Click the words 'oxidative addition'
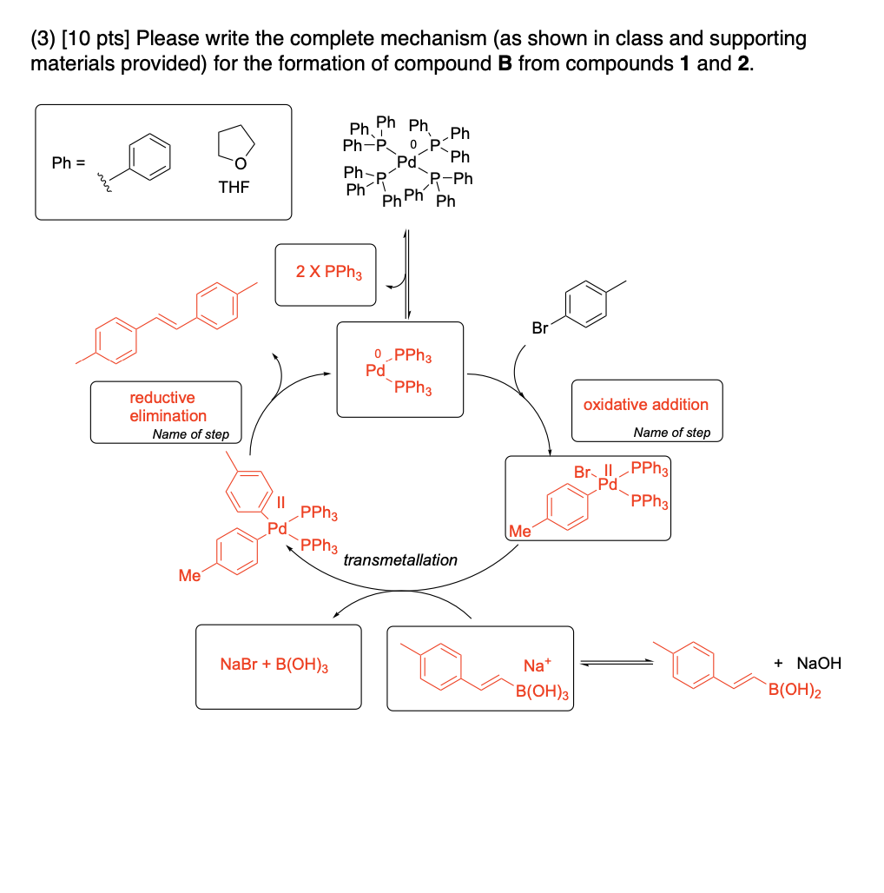[x=645, y=405]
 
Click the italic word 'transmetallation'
[x=400, y=560]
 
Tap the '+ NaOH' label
[x=808, y=664]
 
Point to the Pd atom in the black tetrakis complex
[x=406, y=162]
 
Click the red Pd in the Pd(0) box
[x=375, y=372]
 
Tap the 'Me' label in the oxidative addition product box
[x=520, y=531]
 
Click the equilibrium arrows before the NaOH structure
[x=616, y=664]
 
